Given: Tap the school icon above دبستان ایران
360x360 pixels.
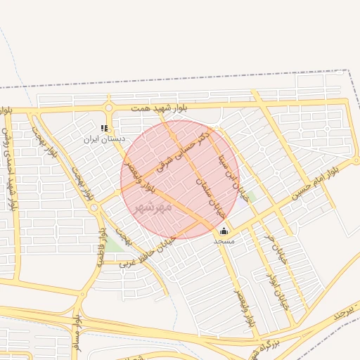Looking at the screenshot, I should (104, 129).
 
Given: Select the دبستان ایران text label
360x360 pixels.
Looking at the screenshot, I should (104, 139).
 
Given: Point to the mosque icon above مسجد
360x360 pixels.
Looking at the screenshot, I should (224, 231).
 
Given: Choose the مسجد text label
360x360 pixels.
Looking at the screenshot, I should (224, 241).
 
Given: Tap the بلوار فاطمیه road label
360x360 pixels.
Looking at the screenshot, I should (102, 246).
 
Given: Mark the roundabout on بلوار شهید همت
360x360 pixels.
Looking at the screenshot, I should (109, 108).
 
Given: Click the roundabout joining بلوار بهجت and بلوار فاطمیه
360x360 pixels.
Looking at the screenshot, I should (94, 208).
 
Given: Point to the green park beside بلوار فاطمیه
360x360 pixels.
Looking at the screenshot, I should (115, 244).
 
